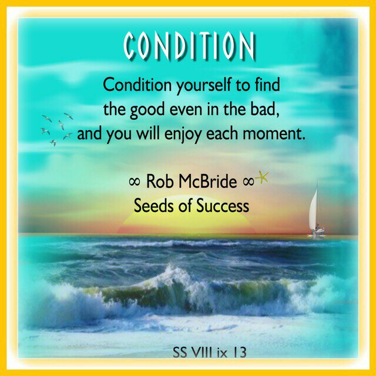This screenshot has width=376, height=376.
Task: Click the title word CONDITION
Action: (x=189, y=46)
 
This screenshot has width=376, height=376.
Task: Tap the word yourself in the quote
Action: (x=204, y=86)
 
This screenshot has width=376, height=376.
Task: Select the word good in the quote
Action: (x=147, y=110)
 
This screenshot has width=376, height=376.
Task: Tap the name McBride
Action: (x=207, y=182)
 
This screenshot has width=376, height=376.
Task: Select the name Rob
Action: (x=160, y=182)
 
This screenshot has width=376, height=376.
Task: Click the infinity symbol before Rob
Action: (x=135, y=182)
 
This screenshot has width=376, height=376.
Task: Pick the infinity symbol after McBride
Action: (x=248, y=182)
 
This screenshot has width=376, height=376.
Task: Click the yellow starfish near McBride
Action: (x=262, y=177)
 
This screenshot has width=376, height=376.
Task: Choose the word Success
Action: (x=223, y=206)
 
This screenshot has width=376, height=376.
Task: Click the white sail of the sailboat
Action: (x=314, y=210)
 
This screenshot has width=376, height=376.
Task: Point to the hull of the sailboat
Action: (x=317, y=233)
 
